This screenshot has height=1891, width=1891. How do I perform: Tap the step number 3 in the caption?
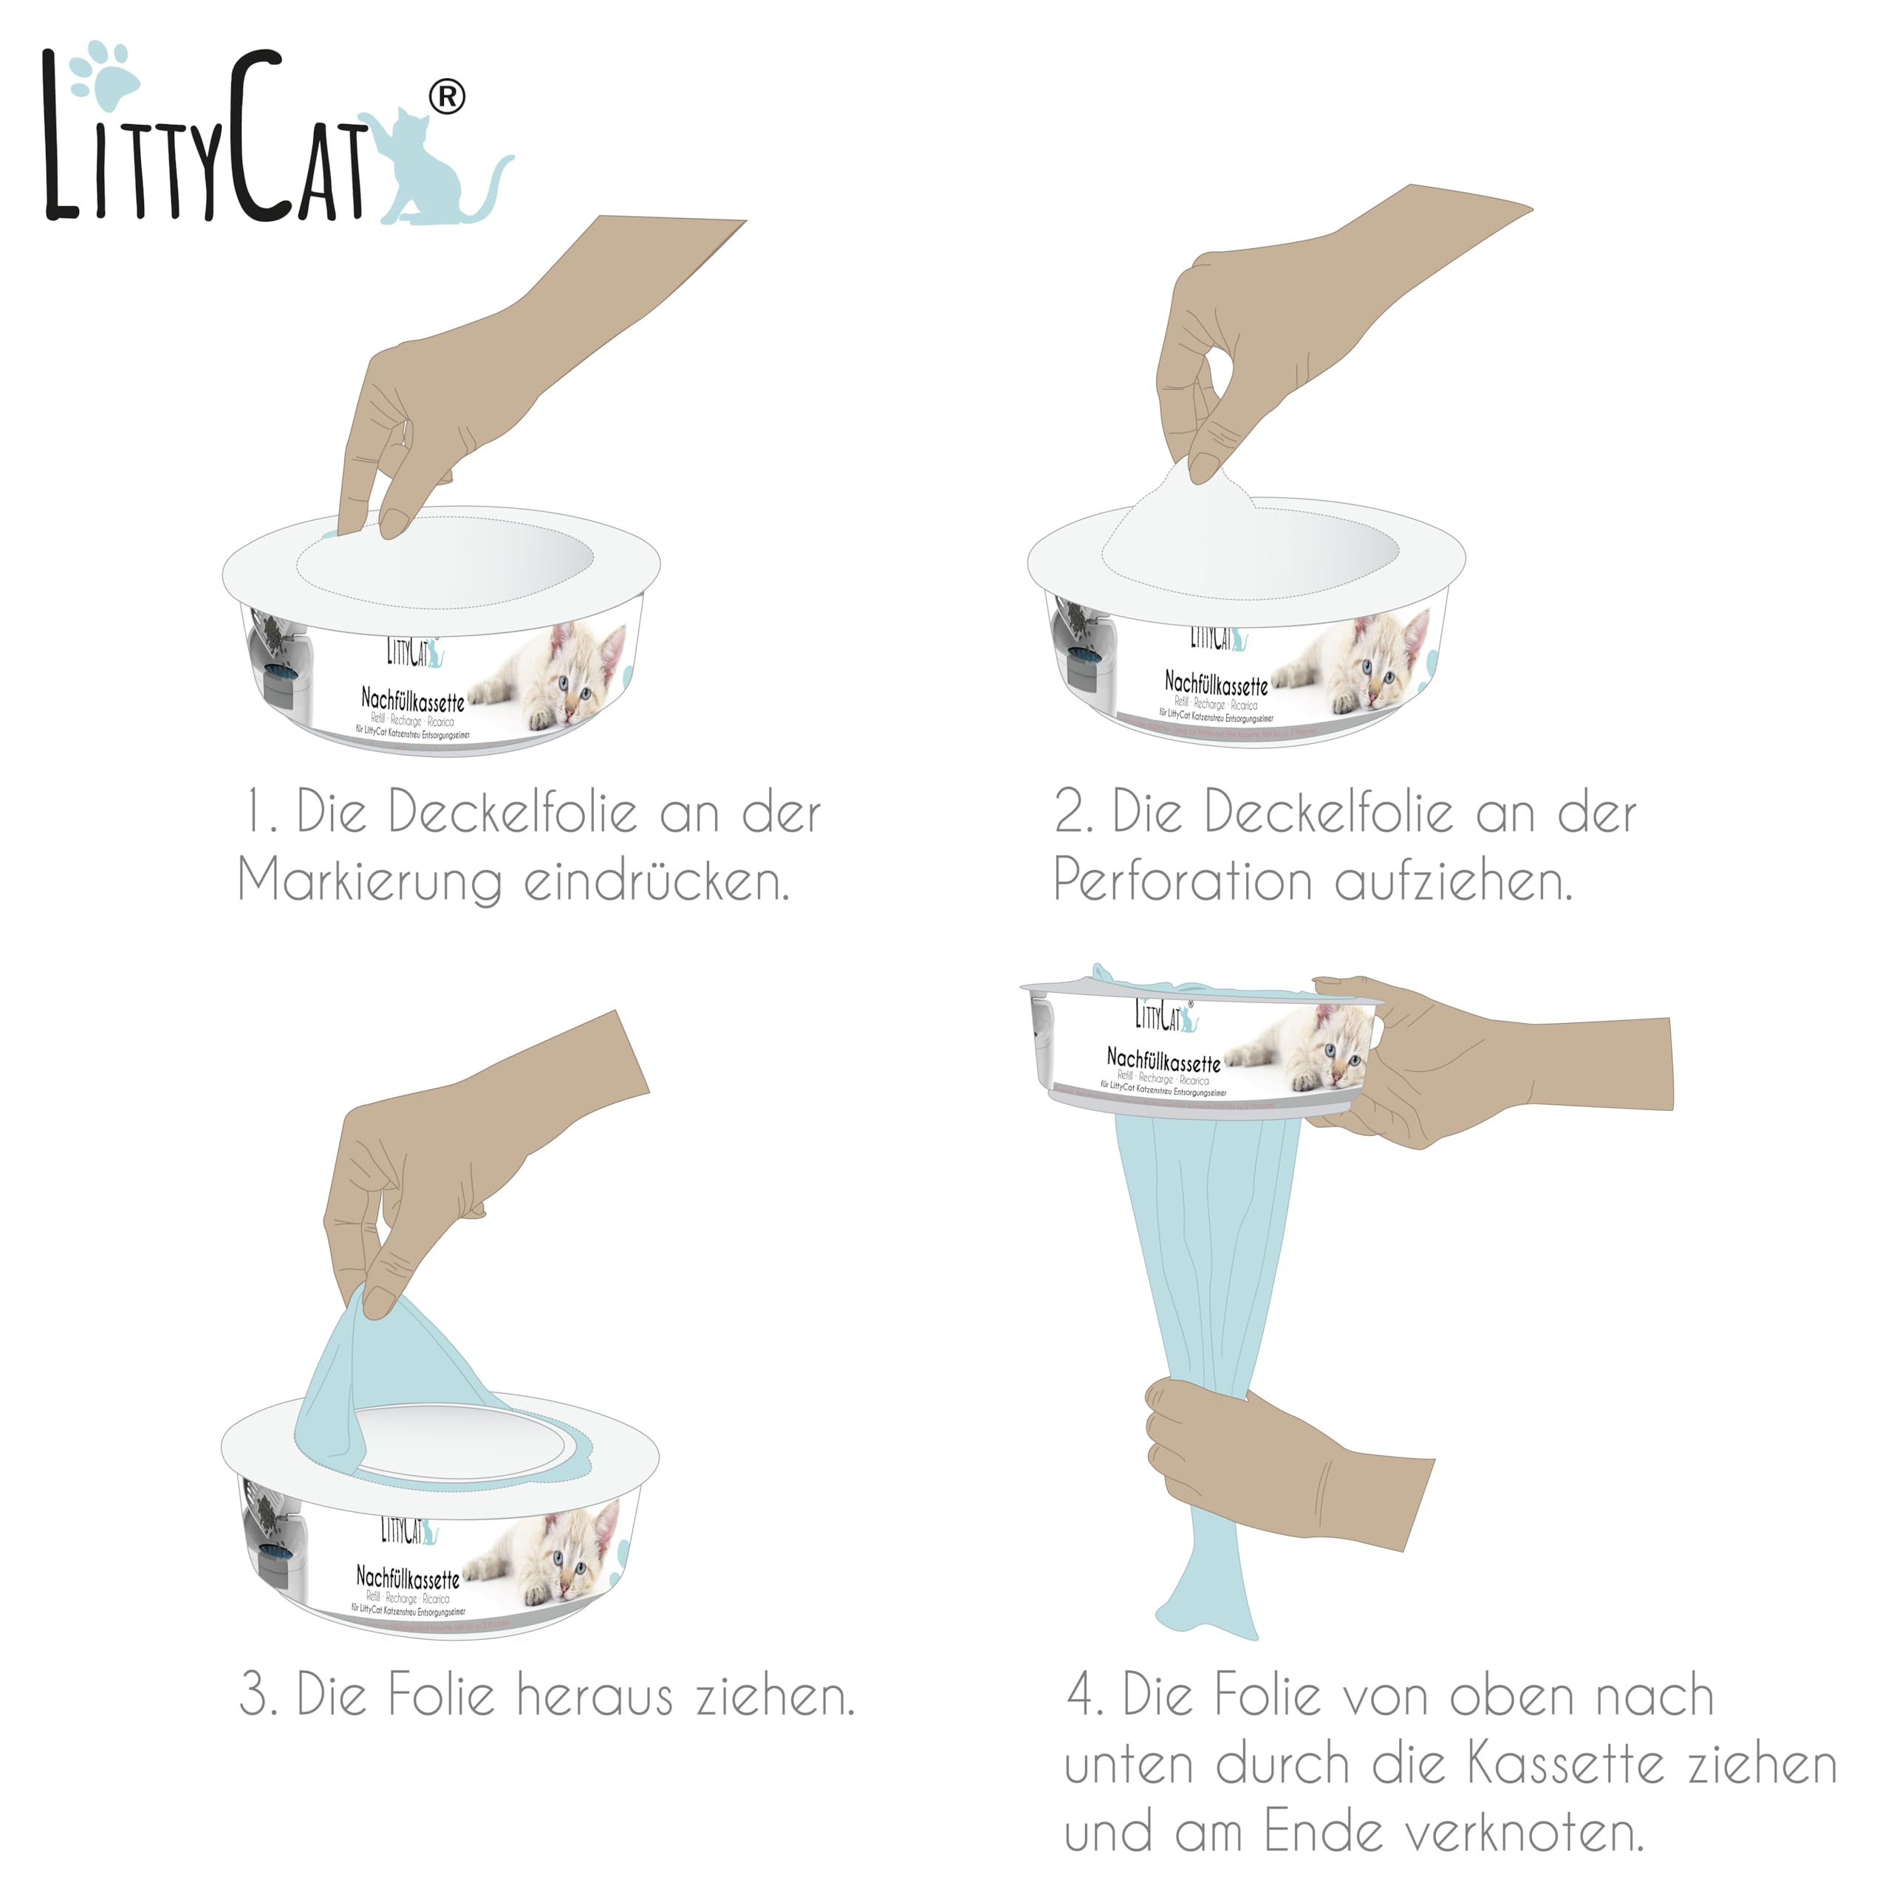pyautogui.click(x=256, y=1696)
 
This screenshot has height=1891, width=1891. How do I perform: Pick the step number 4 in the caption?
pyautogui.click(x=1083, y=1696)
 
